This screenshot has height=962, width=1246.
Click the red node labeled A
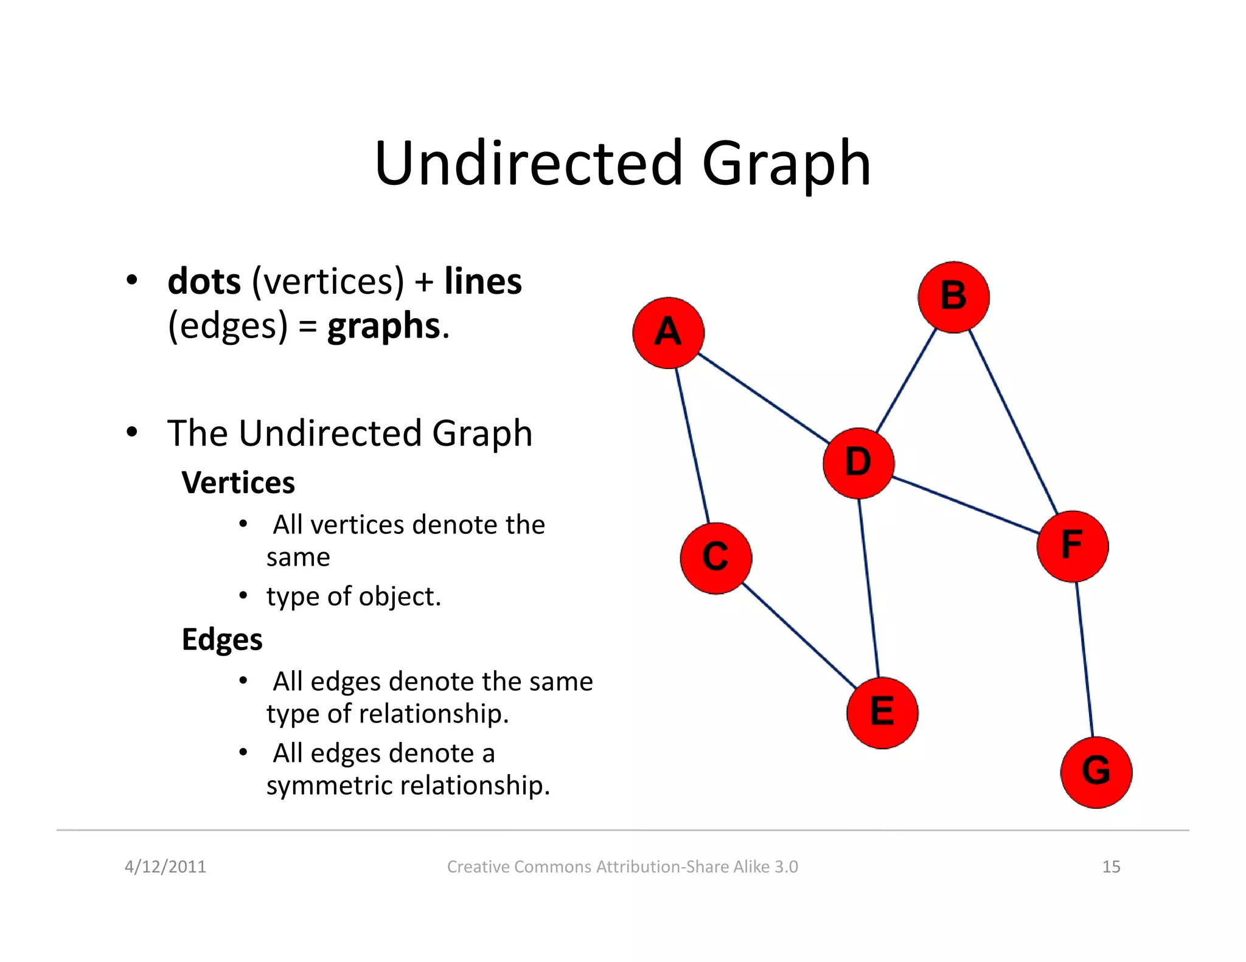pos(668,333)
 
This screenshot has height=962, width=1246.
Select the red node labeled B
pos(953,297)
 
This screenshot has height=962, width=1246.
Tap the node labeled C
pos(715,558)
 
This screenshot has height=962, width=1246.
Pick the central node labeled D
pos(858,463)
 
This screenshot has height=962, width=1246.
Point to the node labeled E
pos(882,712)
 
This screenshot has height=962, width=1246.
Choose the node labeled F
pos(1072,545)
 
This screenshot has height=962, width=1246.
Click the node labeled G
pos(1096,772)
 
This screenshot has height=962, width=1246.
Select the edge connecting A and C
pos(692,446)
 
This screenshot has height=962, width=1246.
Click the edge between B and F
pos(1013,421)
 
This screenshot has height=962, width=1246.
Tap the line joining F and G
pos(1084,659)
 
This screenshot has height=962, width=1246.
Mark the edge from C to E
pos(799,635)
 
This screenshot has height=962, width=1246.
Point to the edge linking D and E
pos(869,587)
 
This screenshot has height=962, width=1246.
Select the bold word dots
pos(204,282)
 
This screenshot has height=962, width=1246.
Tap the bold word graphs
pos(383,327)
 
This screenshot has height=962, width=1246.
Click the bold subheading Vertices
pos(238,483)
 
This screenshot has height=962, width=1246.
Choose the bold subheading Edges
pos(222,640)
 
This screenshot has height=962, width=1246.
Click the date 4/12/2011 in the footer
pos(165,867)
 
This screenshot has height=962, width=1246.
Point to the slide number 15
pos(1111,867)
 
